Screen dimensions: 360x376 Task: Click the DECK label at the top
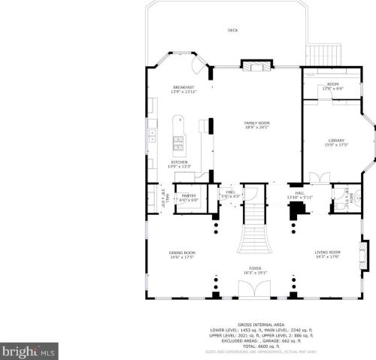(232, 31)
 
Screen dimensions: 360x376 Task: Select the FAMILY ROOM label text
(257, 125)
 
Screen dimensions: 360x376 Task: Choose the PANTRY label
(189, 198)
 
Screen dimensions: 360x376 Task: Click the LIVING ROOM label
(328, 254)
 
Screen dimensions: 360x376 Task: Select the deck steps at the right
(325, 55)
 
